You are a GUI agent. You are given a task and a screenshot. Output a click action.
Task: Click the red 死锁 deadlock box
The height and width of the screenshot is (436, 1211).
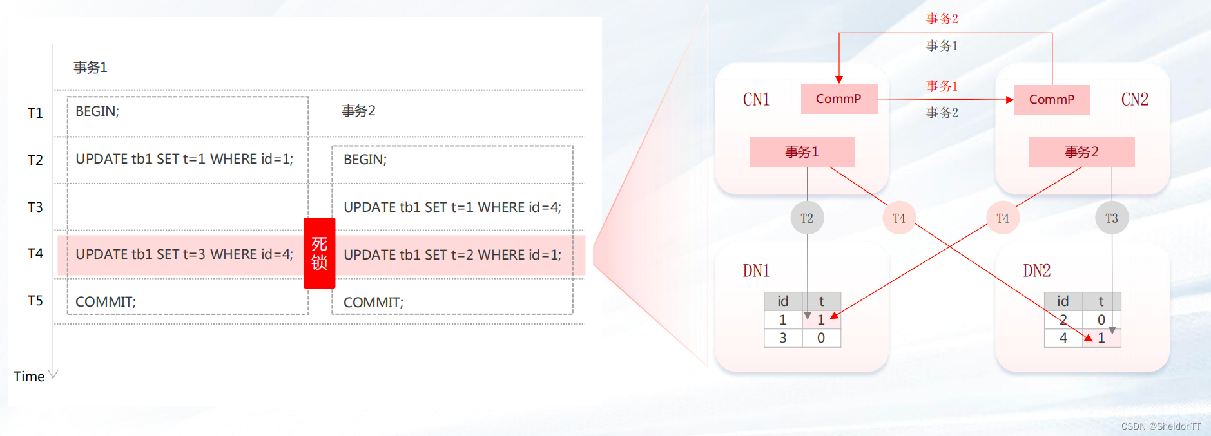(x=319, y=253)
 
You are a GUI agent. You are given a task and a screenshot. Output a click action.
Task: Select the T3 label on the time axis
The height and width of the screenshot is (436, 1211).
(x=35, y=207)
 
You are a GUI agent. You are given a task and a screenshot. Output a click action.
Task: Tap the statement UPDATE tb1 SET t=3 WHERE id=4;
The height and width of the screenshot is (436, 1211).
(x=184, y=254)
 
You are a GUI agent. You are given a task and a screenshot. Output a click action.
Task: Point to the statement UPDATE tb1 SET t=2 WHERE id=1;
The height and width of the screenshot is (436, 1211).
(x=452, y=255)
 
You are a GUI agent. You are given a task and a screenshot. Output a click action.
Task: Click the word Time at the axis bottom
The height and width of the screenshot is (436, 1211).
(x=29, y=377)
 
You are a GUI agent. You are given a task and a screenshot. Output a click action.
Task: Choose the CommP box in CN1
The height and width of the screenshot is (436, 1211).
(x=838, y=99)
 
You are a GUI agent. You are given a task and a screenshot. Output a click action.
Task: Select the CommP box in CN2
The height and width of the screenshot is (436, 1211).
(x=1051, y=100)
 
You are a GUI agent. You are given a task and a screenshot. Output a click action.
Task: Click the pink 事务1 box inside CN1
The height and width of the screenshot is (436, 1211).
(x=802, y=152)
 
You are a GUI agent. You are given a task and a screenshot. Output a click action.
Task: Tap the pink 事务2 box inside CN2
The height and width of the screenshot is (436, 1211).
(x=1081, y=152)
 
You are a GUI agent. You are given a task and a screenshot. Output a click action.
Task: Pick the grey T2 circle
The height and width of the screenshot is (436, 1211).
(x=807, y=218)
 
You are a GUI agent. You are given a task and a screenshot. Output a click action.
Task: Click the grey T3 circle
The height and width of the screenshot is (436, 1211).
(x=1112, y=218)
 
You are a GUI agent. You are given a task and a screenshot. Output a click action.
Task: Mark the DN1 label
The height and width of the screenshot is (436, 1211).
(x=756, y=271)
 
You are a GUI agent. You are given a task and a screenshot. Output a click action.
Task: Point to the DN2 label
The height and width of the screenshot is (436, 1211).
(x=1036, y=271)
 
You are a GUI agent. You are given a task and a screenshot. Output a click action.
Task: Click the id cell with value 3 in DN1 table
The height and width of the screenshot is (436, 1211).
(x=783, y=338)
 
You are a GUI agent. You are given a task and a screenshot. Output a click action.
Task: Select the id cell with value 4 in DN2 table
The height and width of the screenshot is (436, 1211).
(x=1063, y=338)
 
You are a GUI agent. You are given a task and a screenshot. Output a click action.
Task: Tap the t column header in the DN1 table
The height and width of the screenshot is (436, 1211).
(x=821, y=301)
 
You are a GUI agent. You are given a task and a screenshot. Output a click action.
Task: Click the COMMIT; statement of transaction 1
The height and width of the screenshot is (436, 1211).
(x=106, y=302)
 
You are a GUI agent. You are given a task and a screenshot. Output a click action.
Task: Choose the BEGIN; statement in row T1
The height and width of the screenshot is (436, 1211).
(x=97, y=111)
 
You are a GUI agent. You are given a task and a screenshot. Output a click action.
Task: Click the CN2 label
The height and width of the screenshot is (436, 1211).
(x=1134, y=100)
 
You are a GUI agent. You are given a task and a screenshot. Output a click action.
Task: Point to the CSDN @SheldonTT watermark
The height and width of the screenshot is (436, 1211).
(x=1161, y=426)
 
